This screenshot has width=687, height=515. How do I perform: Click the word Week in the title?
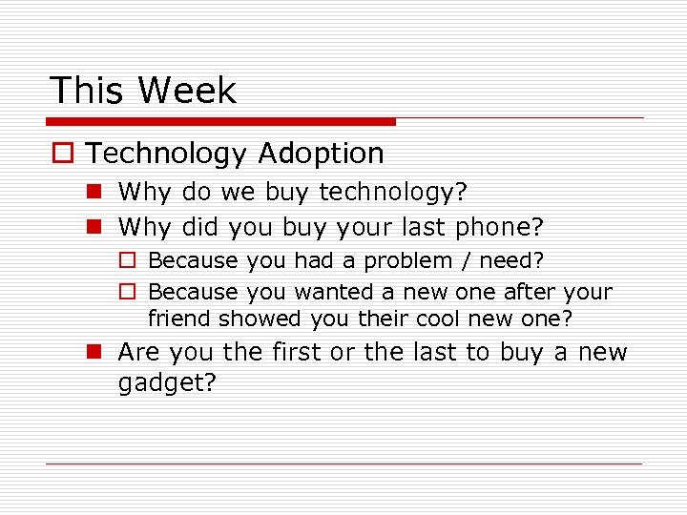point(186,91)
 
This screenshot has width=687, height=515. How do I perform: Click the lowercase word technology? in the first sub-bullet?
point(393,194)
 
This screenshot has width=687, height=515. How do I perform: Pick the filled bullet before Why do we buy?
point(95,193)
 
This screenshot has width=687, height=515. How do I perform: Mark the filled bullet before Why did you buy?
point(95,227)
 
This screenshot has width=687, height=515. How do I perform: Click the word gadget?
point(167,383)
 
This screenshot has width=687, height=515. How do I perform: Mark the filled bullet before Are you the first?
point(95,352)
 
